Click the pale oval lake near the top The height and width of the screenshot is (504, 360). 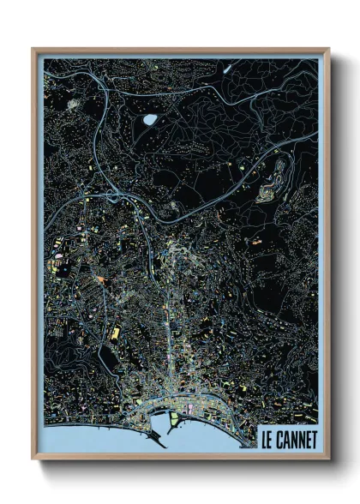(x=151, y=120)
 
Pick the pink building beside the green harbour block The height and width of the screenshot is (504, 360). (x=189, y=417)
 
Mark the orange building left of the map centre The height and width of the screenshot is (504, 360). (x=100, y=279)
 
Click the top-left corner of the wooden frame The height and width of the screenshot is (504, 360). (x=33, y=50)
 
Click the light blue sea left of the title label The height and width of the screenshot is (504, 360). (x=223, y=441)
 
